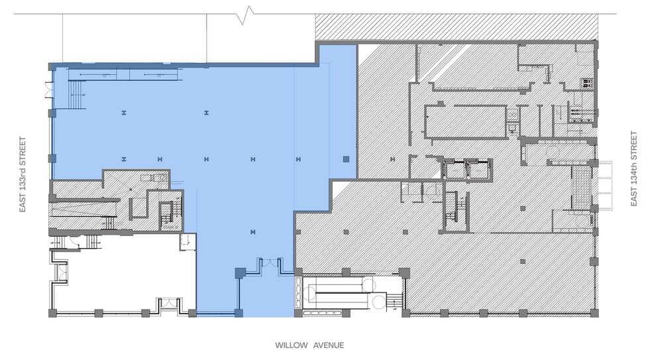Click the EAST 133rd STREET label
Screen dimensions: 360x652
click(x=23, y=174)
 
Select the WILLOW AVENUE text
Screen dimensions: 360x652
click(x=309, y=345)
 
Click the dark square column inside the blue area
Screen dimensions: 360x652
click(x=345, y=159)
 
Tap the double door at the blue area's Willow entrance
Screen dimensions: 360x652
click(x=269, y=264)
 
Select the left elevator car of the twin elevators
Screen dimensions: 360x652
click(x=455, y=170)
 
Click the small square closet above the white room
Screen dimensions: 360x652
click(x=188, y=241)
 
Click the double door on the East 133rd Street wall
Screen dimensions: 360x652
click(x=48, y=90)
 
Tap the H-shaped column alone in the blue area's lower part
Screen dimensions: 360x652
click(x=252, y=231)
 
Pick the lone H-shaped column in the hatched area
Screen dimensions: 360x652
click(x=392, y=158)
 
